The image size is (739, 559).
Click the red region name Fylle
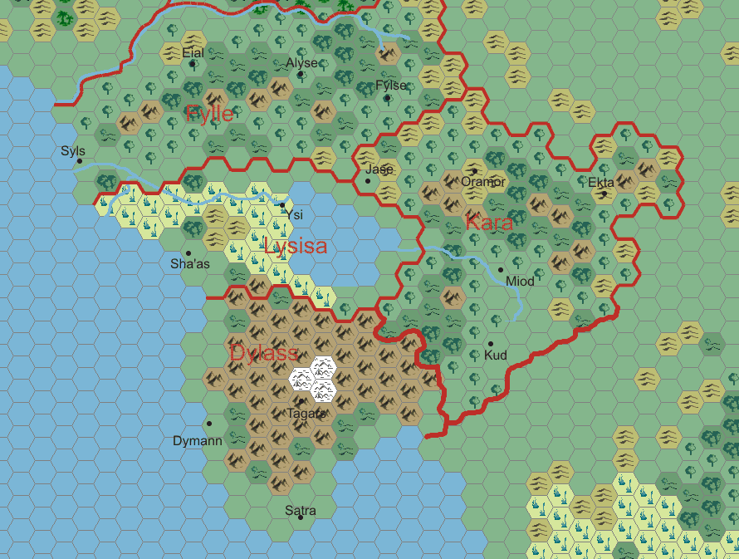pyautogui.click(x=210, y=114)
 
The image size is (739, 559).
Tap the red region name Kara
pyautogui.click(x=489, y=223)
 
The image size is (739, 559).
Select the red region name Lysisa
pyautogui.click(x=295, y=246)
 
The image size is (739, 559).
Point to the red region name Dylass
pyautogui.click(x=264, y=353)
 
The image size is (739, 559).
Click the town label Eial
pyautogui.click(x=193, y=53)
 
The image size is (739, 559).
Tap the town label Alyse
pyautogui.click(x=301, y=63)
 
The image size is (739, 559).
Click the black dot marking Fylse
pyautogui.click(x=387, y=98)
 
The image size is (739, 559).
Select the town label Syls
pyautogui.click(x=73, y=151)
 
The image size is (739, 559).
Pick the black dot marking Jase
pyautogui.click(x=368, y=180)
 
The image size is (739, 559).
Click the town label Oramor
pyautogui.click(x=483, y=182)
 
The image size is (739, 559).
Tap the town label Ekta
pyautogui.click(x=601, y=183)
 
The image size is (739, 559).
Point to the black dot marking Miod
pyautogui.click(x=501, y=269)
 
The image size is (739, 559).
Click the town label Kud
pyautogui.click(x=495, y=356)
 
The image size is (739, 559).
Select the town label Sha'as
pyautogui.click(x=190, y=264)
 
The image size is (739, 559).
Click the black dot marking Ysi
pyautogui.click(x=282, y=204)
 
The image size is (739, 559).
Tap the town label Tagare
pyautogui.click(x=306, y=413)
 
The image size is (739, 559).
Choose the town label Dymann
pyautogui.click(x=198, y=441)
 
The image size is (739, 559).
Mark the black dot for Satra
pyautogui.click(x=301, y=517)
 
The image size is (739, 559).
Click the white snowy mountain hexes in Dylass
pyautogui.click(x=313, y=378)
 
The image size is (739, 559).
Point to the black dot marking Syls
pyautogui.click(x=80, y=161)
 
